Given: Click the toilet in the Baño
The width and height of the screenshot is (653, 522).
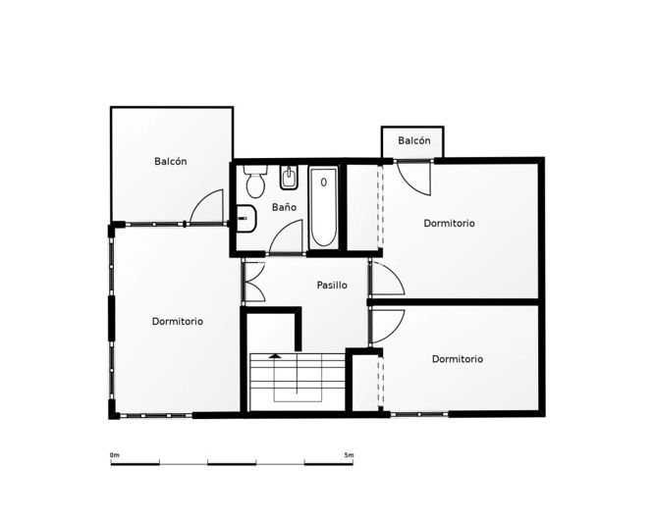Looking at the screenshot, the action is (255, 182).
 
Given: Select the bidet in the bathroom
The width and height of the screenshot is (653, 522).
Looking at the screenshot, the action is (288, 178).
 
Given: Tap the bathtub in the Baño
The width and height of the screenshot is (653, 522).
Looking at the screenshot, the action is (324, 207).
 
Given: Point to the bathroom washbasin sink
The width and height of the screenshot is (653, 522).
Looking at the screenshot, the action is (246, 218).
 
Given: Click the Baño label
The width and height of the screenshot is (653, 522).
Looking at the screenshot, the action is (284, 207).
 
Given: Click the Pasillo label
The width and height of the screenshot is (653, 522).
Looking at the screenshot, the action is (332, 286).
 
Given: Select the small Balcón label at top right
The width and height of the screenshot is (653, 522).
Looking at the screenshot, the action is (414, 140).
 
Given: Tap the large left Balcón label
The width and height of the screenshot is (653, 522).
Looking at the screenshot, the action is (170, 161).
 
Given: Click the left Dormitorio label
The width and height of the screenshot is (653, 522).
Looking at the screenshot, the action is (178, 322).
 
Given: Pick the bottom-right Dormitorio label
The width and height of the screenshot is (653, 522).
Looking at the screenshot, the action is (458, 359).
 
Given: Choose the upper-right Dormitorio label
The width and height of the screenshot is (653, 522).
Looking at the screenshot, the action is (449, 223).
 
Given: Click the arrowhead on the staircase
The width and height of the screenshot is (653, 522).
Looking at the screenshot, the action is (274, 356).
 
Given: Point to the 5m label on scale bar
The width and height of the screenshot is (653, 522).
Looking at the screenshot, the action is (349, 454).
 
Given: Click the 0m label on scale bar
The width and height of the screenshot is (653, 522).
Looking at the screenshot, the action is (115, 454).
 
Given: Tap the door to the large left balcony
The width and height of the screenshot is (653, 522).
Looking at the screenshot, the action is (206, 207).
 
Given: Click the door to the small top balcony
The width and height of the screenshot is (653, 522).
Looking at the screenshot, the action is (413, 178).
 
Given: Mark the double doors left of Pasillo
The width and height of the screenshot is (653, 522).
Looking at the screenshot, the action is (254, 282).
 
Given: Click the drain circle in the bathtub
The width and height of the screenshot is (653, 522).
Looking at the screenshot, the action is (324, 182).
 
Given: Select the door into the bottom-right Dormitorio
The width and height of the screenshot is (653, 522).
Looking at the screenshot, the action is (388, 327).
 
